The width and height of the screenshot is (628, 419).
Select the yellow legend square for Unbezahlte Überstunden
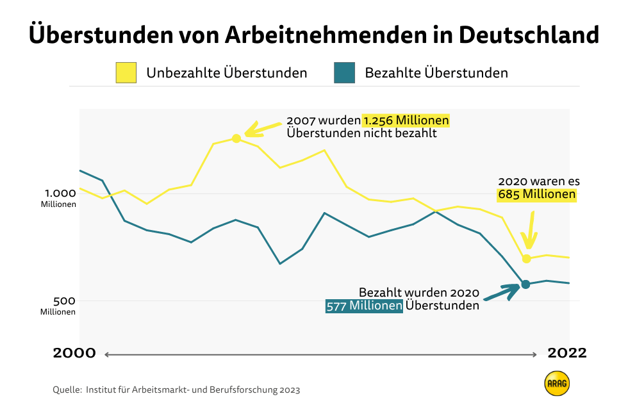coord(126,72)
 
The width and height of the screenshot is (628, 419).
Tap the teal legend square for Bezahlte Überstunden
coord(344,72)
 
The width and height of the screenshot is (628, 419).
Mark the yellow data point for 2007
coord(236,138)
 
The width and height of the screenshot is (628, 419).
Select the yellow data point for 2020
coord(527,259)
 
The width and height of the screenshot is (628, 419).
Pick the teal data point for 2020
coord(525,284)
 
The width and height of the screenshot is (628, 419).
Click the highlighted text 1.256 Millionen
coord(406,120)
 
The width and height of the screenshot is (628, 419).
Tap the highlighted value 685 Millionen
coord(537,194)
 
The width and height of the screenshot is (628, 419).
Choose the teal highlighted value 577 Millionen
coord(364,306)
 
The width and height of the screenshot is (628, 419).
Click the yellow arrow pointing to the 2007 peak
coord(262,128)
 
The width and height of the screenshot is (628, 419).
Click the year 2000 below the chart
coord(74,353)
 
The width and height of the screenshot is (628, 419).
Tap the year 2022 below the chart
coord(566,353)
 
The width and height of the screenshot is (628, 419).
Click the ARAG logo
coord(557,384)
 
